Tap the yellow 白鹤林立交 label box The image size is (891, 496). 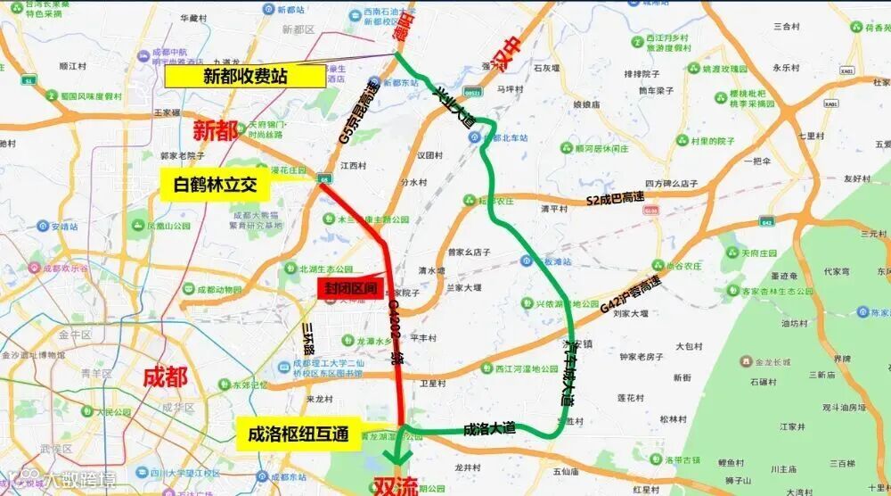pyautogui.click(x=216, y=186)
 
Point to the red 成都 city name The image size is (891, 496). pyautogui.click(x=166, y=376)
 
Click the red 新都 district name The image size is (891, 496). pyautogui.click(x=216, y=131)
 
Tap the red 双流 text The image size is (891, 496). pyautogui.click(x=395, y=486)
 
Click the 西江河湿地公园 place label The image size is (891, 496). pyautogui.click(x=526, y=368)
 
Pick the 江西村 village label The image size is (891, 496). pyautogui.click(x=353, y=165)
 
